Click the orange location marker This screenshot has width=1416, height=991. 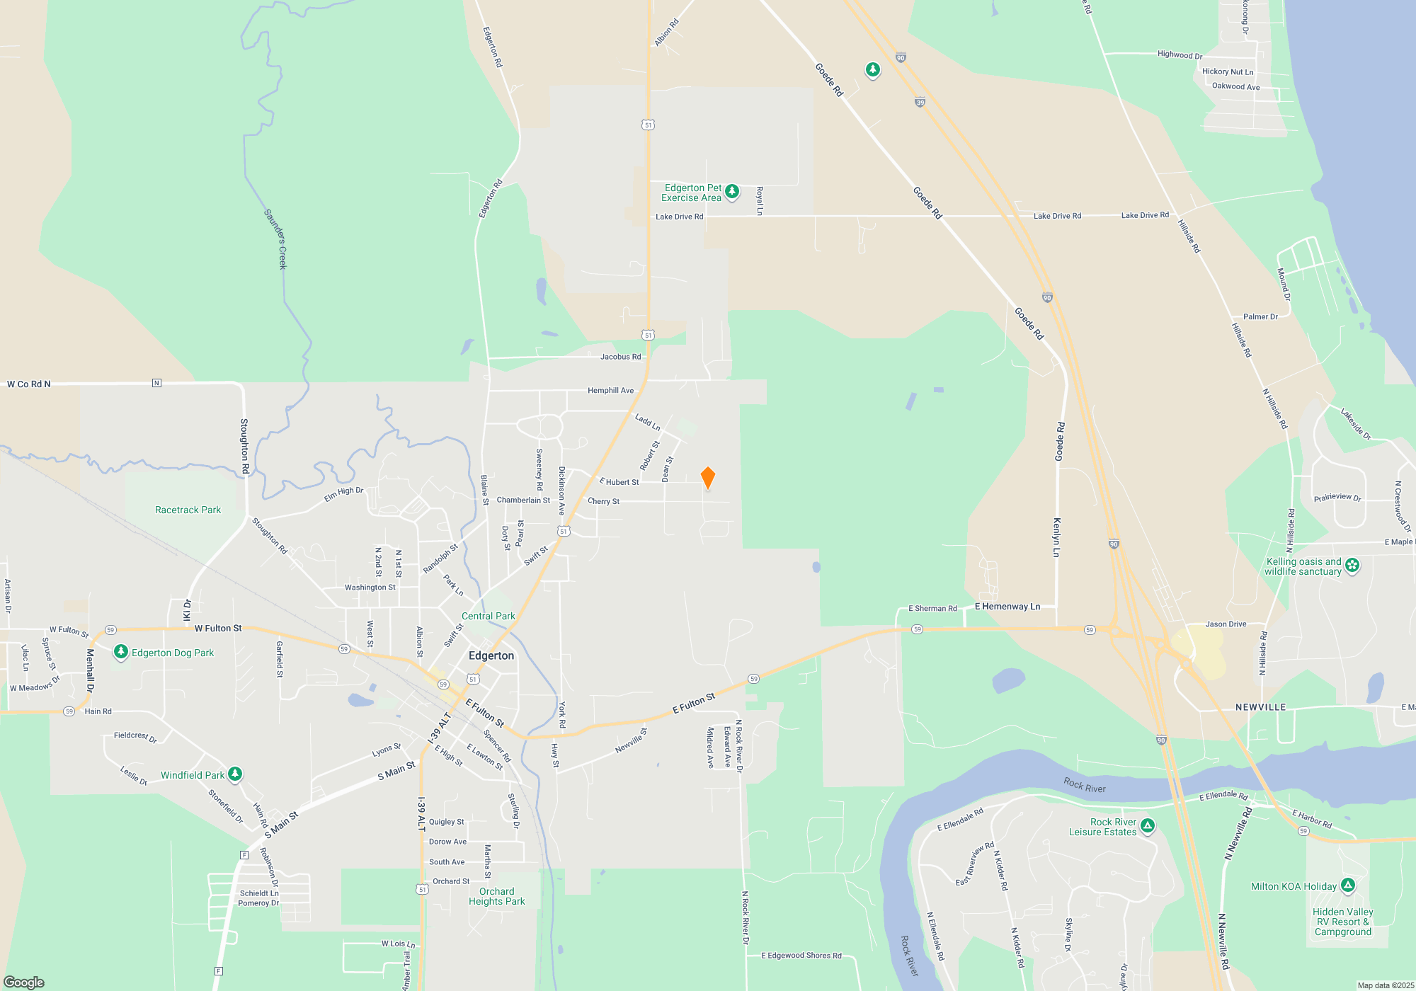[x=707, y=478]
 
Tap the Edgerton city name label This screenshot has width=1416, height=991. [x=491, y=655]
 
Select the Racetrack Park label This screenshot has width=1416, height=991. [x=188, y=510]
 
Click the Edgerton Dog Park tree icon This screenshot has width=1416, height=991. [x=121, y=652]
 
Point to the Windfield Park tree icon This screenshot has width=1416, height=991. [x=235, y=774]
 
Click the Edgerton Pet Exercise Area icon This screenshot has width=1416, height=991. [x=732, y=191]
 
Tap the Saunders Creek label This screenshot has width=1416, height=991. [x=275, y=239]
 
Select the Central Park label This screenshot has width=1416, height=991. [x=488, y=616]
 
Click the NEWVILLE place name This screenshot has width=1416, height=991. [x=1260, y=707]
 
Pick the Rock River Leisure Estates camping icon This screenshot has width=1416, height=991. [x=1148, y=825]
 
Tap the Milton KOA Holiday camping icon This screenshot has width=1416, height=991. [x=1348, y=885]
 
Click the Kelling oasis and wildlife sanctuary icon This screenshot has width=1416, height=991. [x=1352, y=565]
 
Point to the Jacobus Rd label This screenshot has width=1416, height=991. [x=620, y=357]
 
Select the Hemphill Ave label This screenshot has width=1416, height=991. [x=610, y=391]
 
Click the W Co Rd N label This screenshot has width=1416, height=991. [x=29, y=384]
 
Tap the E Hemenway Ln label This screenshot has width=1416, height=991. [x=1007, y=607]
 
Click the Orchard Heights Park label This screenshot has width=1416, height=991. [x=496, y=896]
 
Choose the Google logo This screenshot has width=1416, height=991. [x=24, y=982]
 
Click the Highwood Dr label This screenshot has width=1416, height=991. [x=1180, y=55]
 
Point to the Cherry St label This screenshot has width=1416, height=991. [x=603, y=501]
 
